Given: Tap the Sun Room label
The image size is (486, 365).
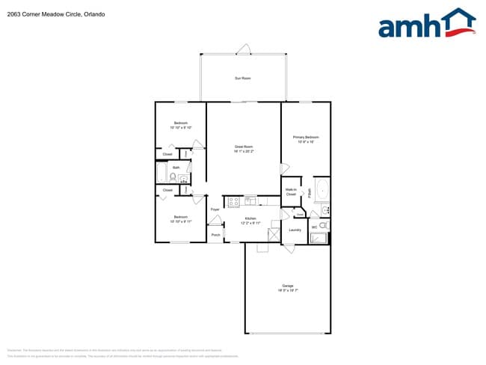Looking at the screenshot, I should [x=243, y=78].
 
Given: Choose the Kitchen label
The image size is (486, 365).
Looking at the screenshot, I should [x=250, y=218].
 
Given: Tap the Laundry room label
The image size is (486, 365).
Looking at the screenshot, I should [x=295, y=230].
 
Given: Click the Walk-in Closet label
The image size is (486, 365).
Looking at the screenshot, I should [x=291, y=192].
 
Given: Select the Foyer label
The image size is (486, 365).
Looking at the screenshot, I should [x=215, y=209].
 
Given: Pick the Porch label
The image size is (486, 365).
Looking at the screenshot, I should [x=215, y=235].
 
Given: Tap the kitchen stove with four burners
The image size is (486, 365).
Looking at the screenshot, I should [x=233, y=200].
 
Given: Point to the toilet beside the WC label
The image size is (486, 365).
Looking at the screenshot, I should [x=323, y=225].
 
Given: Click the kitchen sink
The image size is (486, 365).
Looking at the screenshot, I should [x=250, y=200].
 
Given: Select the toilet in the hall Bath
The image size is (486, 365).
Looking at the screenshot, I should [x=173, y=177].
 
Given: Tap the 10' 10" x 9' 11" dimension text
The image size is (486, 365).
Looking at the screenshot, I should [x=181, y=221].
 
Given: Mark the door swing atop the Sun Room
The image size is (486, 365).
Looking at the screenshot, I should [x=243, y=49].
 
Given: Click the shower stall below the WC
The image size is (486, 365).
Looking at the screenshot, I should [x=319, y=239].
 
